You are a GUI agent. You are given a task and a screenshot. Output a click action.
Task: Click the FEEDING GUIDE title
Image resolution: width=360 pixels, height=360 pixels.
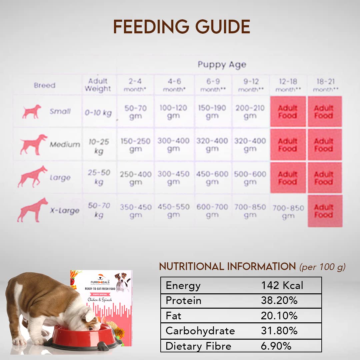pos(182,27)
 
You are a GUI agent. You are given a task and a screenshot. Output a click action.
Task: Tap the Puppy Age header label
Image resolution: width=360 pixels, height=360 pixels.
pos(222,64)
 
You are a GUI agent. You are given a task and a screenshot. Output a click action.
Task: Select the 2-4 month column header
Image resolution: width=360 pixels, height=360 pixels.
pos(135,85)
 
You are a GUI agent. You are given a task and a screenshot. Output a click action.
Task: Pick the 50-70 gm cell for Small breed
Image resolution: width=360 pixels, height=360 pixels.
pos(135,112)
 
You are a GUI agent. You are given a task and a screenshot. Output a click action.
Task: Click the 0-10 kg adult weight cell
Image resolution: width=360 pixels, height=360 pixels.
pos(98,113)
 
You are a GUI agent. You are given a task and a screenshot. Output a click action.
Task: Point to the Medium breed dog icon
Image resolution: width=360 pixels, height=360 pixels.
pos(33,144)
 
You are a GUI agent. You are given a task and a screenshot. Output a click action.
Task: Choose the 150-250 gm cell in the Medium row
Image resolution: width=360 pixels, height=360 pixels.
pos(135,145)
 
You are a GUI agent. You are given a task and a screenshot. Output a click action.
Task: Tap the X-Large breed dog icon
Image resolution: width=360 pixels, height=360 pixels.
pos(32,210)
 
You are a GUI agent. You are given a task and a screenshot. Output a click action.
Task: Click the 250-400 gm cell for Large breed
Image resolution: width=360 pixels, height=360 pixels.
pos(135,178)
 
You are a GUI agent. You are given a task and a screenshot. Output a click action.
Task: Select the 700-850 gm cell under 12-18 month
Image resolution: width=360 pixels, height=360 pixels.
pos(288,212)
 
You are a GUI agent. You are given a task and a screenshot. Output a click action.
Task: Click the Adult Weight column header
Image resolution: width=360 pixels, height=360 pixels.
pos(98,85)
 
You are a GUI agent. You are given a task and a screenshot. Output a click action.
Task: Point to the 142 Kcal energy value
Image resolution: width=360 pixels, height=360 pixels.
pos(282,286)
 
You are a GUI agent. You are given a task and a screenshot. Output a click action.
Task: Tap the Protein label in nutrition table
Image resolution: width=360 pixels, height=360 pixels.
pos(183,301)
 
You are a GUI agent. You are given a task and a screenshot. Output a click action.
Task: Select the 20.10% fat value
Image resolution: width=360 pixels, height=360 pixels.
pos(279,316)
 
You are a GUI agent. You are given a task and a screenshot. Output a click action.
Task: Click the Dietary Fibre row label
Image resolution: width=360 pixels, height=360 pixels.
pos(198,346)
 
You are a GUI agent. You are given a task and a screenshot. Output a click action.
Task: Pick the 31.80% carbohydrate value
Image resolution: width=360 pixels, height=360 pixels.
pos(279,331)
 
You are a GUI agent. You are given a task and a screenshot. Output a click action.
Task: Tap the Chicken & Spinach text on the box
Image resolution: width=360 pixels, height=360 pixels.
pos(100,300)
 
